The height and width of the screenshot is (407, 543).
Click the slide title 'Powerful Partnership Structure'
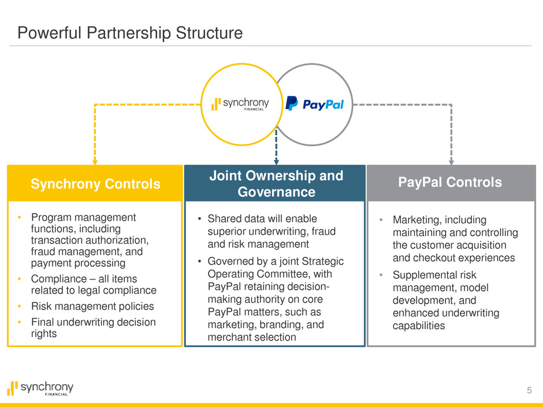click(130, 33)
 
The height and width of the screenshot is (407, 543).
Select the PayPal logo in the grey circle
click(315, 104)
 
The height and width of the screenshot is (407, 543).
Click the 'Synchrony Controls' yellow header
click(95, 184)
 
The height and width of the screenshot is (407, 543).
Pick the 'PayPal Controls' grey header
click(451, 182)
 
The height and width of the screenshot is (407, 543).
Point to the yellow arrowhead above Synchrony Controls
click(95, 163)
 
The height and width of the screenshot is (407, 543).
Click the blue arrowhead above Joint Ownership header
click(276, 162)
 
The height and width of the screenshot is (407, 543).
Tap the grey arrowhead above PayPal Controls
click(451, 162)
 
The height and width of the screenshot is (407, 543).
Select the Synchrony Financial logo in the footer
click(40, 388)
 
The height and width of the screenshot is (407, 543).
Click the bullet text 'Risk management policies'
click(92, 306)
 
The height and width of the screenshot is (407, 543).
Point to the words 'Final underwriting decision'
click(93, 322)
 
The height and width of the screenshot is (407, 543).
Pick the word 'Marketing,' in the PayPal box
click(418, 220)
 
